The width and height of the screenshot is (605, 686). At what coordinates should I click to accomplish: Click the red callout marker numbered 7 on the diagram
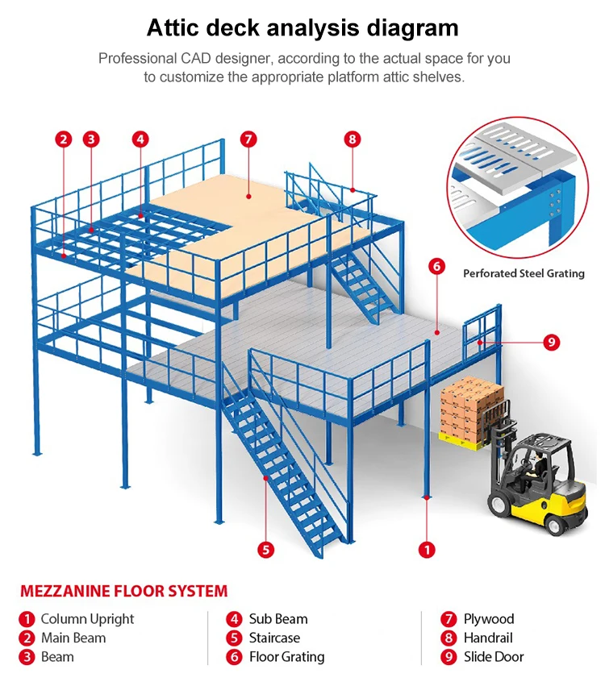coord(248,139)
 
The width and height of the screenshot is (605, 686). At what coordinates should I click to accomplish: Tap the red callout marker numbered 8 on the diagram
coord(352,139)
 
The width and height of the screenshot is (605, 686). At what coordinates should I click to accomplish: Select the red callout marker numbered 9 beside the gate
coord(552,342)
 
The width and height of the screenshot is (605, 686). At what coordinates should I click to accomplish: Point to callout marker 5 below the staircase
coord(266,550)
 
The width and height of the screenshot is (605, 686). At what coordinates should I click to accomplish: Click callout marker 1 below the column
coord(427,550)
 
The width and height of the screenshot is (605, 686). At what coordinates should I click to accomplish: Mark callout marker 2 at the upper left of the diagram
coord(64,139)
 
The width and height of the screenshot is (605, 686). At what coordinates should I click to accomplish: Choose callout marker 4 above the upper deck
coord(140,139)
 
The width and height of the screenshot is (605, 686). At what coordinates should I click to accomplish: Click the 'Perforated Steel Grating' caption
coord(524,273)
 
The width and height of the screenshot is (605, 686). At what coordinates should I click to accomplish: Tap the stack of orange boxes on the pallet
coord(471,406)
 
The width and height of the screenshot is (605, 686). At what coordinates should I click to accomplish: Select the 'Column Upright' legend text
coord(87,619)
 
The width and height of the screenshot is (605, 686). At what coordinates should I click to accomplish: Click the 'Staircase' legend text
coord(274,638)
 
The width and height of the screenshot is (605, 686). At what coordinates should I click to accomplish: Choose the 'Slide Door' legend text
coord(494,657)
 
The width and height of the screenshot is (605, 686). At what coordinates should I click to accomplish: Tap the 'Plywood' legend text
coord(488,619)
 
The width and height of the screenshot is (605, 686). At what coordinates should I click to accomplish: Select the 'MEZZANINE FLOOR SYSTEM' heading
coord(123,591)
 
